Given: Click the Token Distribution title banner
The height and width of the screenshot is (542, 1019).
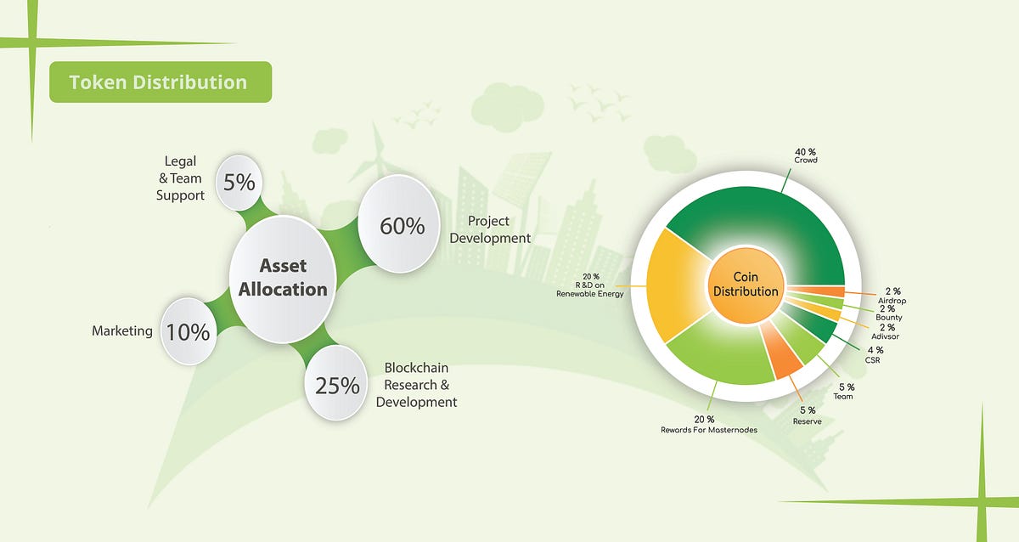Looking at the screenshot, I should [x=160, y=82].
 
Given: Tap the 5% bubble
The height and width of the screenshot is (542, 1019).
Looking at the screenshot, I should [x=239, y=182].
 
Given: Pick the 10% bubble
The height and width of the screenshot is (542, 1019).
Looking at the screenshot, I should [x=188, y=331].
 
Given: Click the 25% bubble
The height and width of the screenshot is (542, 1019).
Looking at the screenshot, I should [x=337, y=385].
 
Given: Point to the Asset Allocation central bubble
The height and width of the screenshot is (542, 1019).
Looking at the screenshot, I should [x=282, y=278].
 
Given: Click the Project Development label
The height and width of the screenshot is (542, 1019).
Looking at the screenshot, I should [x=490, y=229].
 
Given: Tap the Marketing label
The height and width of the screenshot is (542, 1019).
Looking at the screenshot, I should [x=121, y=331].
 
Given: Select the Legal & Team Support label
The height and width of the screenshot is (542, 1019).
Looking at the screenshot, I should [x=180, y=178].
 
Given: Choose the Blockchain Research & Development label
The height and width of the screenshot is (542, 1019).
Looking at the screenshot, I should [x=416, y=385].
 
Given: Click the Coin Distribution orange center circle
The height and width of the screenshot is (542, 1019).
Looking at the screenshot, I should [x=746, y=285].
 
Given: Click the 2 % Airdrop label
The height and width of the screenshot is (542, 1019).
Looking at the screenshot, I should [x=890, y=296].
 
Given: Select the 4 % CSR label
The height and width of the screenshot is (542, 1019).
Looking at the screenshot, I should [x=875, y=354].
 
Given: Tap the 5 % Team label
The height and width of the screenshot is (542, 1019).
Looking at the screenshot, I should [x=843, y=391].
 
